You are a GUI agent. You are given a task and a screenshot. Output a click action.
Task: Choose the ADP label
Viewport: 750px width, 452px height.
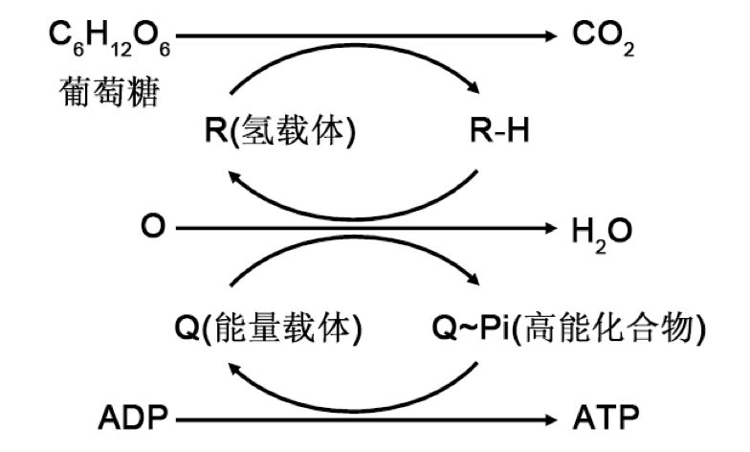pyautogui.click(x=133, y=418)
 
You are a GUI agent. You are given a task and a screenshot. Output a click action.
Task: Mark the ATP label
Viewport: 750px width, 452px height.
pyautogui.click(x=605, y=418)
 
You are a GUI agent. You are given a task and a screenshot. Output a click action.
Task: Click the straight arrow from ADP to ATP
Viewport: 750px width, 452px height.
pyautogui.click(x=364, y=418)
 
